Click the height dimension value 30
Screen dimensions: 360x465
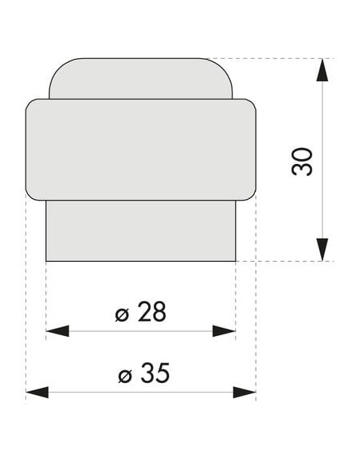point(302,162)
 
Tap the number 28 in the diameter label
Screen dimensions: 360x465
point(151,312)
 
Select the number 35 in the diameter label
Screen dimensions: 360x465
point(155,373)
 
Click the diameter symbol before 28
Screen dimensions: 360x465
point(122,315)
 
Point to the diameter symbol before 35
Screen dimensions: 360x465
point(125,376)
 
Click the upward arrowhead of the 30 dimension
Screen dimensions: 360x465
point(322,70)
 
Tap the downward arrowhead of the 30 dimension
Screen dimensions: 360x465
point(322,250)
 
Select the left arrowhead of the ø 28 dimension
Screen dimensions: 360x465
point(57,331)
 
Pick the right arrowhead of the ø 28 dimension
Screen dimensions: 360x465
point(224,331)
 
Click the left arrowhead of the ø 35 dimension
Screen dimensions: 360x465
point(37,393)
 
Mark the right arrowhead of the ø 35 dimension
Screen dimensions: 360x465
point(245,393)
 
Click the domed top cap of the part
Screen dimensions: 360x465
point(140,78)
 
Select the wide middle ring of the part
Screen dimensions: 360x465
point(140,150)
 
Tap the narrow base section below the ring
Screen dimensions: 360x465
point(140,231)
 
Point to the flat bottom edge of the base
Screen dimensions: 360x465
point(140,261)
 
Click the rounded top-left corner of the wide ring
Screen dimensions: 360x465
point(30,103)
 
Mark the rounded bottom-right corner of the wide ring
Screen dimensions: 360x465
point(252,197)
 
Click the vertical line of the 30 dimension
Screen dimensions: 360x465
point(322,160)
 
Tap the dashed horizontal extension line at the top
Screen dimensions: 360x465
point(271,58)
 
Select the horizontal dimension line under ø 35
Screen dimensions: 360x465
point(141,393)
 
